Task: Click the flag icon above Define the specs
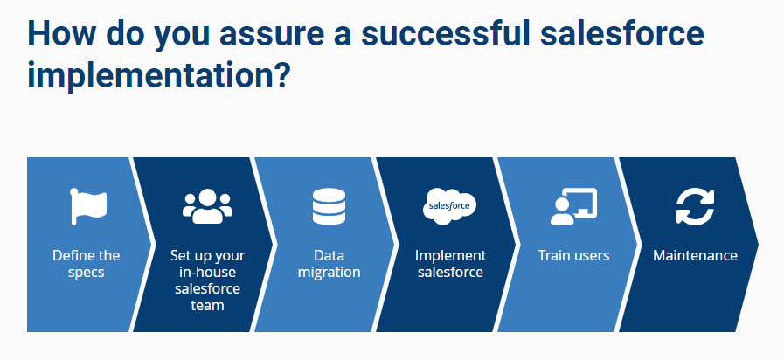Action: click(88, 206)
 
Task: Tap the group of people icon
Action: click(207, 206)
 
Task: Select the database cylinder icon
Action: click(329, 206)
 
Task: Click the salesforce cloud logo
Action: click(449, 206)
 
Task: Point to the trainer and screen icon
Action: click(573, 206)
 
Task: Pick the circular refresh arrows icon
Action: click(695, 206)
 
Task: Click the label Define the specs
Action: click(87, 264)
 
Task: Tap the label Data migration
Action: click(329, 264)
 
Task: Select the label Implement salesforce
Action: click(450, 264)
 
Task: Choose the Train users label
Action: click(573, 256)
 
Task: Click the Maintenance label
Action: click(695, 256)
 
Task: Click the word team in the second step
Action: click(207, 305)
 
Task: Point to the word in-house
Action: click(207, 273)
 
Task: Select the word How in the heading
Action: click(59, 33)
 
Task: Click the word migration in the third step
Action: click(329, 273)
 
